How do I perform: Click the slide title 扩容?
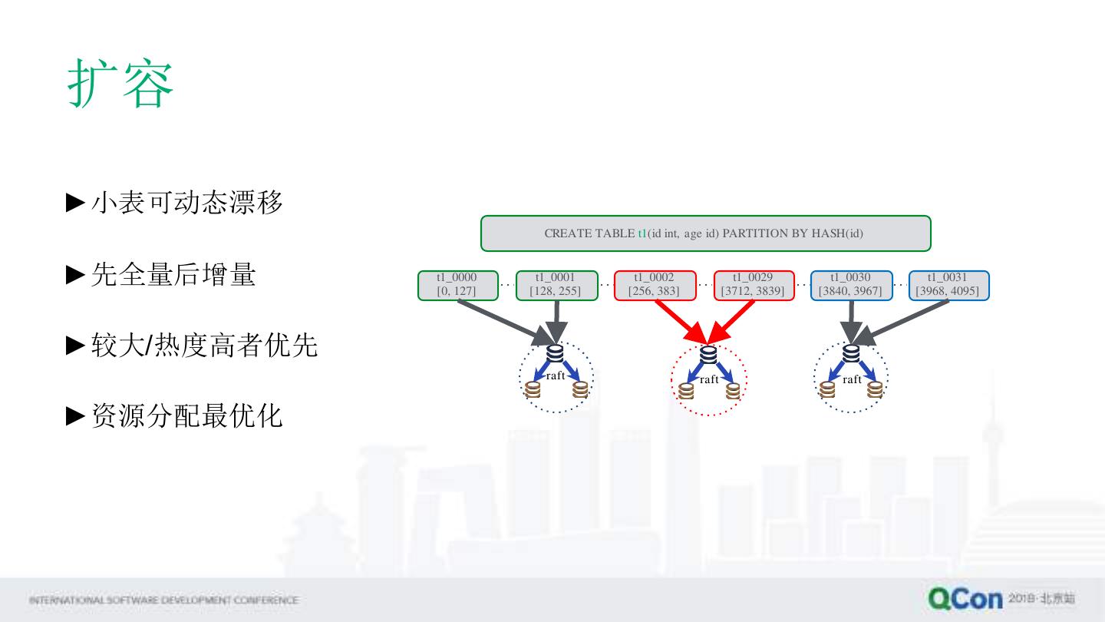[121, 84]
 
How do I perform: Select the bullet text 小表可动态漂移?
[186, 203]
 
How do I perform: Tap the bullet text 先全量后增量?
[173, 274]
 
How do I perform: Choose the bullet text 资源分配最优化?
[186, 416]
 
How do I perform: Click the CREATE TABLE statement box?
[705, 233]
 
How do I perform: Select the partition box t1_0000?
[457, 285]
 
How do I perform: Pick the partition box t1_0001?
[556, 285]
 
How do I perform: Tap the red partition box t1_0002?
[655, 285]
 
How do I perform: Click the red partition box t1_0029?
[754, 285]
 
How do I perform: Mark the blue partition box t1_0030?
[851, 285]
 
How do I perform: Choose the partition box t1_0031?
[948, 285]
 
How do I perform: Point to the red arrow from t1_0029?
[732, 320]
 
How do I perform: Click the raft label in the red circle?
[710, 379]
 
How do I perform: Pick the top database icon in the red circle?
[709, 355]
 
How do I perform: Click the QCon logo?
[965, 598]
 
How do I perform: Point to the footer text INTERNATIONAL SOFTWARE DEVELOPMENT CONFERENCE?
[163, 600]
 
